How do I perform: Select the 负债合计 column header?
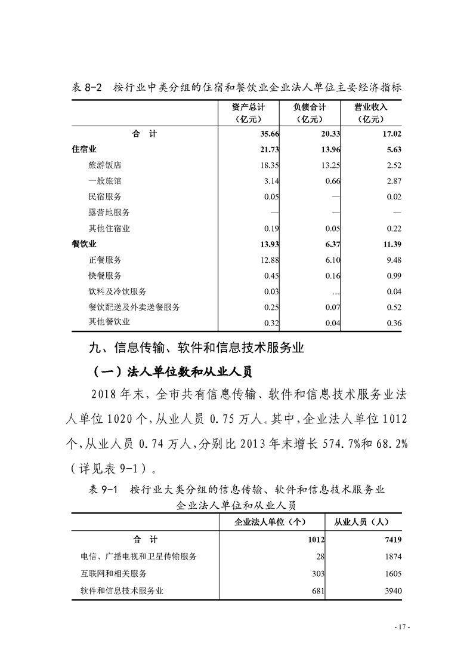(309, 113)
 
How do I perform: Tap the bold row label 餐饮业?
(84, 244)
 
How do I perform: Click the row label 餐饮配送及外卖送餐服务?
(134, 307)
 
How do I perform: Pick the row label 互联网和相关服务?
(113, 573)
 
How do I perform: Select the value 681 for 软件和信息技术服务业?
(316, 591)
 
